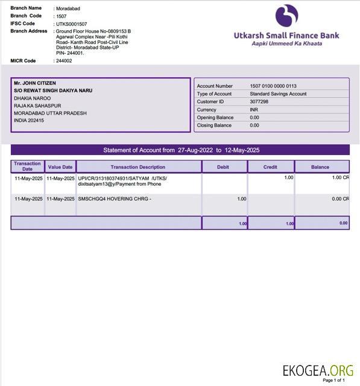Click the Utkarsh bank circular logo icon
(286, 16)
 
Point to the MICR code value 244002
(63, 61)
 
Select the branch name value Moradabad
(68, 9)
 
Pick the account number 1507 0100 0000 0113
(273, 86)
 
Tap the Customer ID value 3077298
(259, 102)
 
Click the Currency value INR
(254, 110)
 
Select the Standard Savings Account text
(278, 94)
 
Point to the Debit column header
(224, 167)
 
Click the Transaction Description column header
(138, 167)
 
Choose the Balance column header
(320, 167)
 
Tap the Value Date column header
(60, 167)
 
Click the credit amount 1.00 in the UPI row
(288, 178)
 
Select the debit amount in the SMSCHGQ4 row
(242, 199)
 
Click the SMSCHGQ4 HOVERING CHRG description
(115, 199)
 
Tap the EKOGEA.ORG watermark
(318, 369)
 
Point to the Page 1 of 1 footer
(334, 381)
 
